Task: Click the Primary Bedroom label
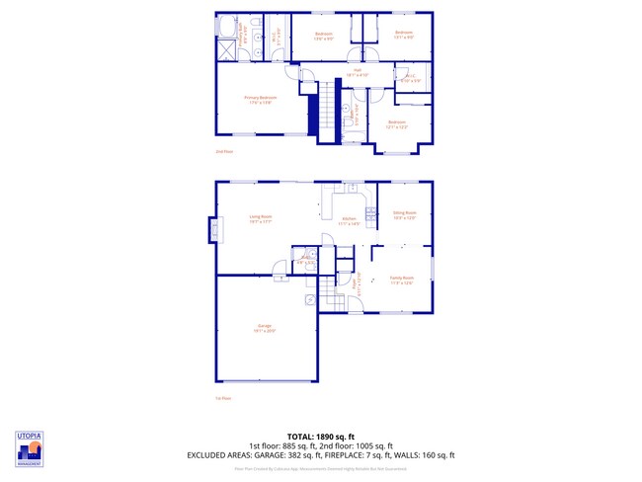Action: pos(261,98)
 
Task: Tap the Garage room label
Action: pos(265,328)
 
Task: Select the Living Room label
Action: pos(261,218)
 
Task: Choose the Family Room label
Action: pos(401,280)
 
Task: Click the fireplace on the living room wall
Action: pos(212,230)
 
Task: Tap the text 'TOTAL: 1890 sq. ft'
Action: pos(321,437)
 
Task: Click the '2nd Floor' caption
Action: pos(224,151)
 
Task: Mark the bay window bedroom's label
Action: pos(397,123)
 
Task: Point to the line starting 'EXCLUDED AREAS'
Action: pos(321,454)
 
